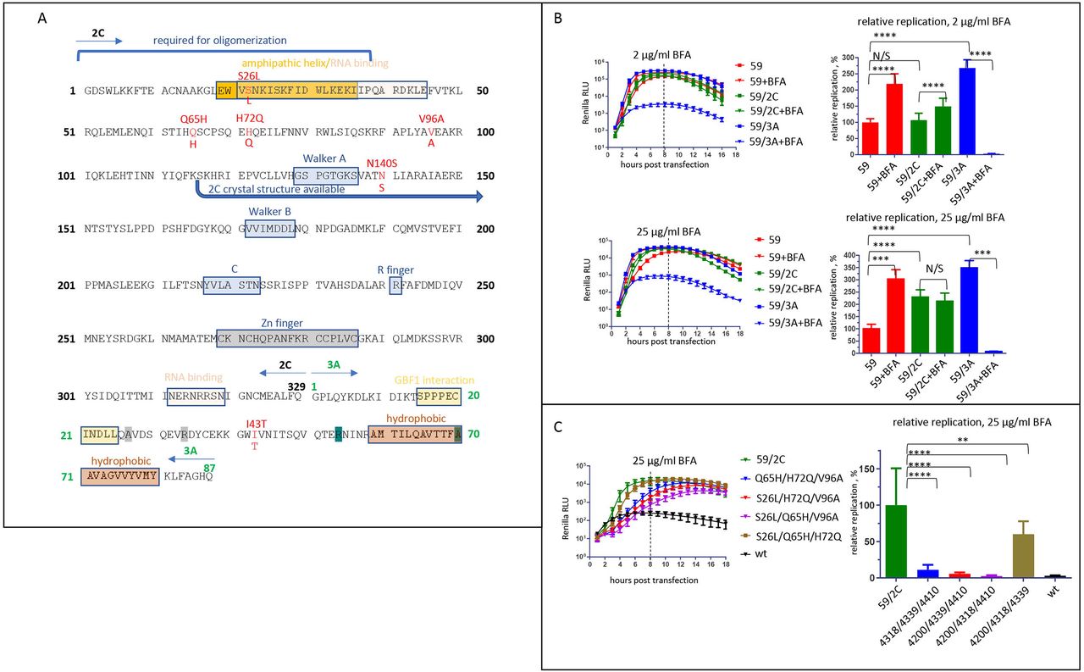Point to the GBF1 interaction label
point(434,380)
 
